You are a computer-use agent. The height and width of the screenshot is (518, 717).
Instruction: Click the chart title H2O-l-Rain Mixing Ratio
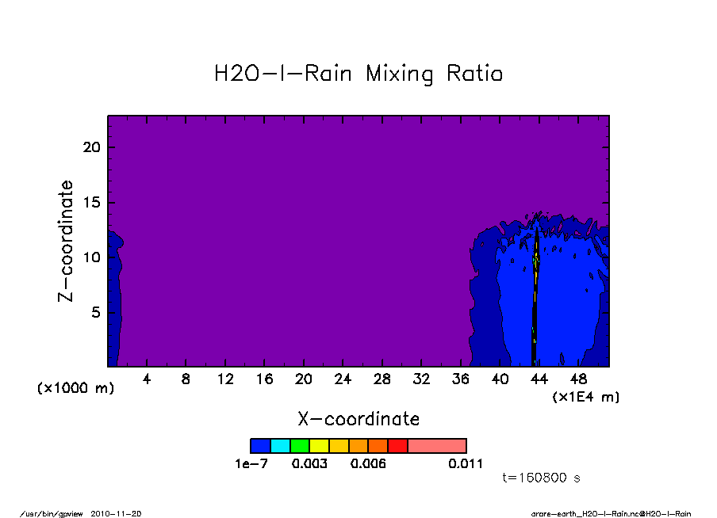pos(358,74)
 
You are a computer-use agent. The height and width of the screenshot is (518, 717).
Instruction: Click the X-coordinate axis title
pos(358,419)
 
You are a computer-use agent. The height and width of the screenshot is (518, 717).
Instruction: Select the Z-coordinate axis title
pos(67,241)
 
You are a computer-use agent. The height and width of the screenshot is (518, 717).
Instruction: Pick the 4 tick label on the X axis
pos(147,379)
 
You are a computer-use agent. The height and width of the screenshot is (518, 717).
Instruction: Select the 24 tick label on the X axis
pos(343,379)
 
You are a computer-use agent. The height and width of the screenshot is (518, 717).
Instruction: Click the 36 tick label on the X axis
pos(460,379)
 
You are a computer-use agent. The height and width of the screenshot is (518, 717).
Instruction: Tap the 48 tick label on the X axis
pos(578,379)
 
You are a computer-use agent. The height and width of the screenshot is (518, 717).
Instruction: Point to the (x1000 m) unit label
pos(76,389)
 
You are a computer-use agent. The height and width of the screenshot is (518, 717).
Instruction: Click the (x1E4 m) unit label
pos(585,396)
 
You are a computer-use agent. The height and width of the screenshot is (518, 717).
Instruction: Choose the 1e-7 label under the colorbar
pos(251,463)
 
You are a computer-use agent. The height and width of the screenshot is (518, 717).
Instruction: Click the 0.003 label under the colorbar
pos(310,463)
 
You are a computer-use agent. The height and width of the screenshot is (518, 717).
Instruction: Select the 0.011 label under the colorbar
pos(466,463)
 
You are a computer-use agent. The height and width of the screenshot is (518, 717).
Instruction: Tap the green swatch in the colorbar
pos(300,446)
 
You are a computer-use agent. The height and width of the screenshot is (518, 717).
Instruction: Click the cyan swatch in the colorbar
pos(280,446)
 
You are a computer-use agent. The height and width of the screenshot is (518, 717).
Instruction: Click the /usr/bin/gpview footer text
pos(56,513)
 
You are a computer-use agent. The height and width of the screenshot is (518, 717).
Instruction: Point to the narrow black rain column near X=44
pos(535,317)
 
